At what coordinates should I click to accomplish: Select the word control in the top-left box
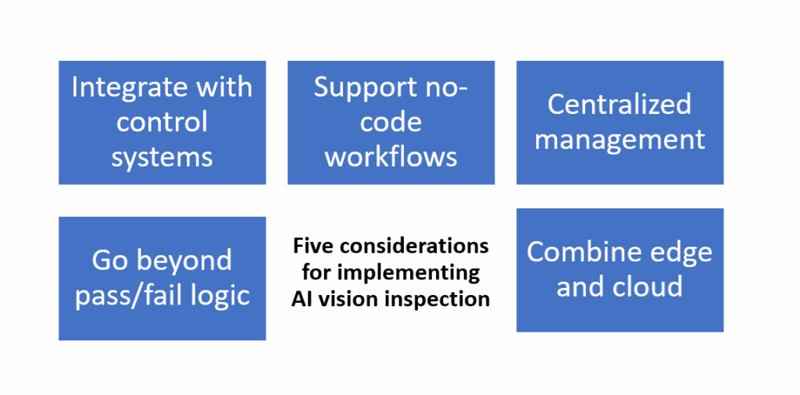162,122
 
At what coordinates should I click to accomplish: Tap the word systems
162,157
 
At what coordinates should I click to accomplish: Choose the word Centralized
619,105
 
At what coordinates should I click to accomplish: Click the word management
620,140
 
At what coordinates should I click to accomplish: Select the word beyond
187,260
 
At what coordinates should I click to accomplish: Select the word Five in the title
311,247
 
